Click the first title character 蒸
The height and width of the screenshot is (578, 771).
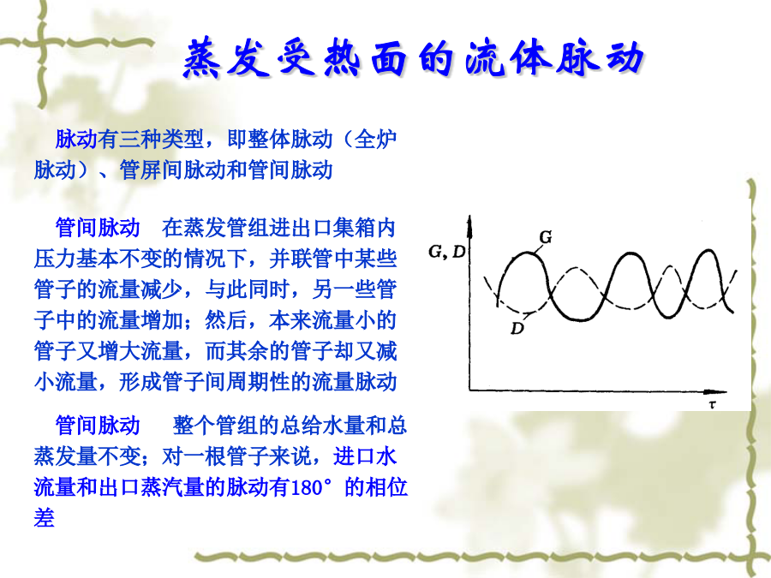point(201,58)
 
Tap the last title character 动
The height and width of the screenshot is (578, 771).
point(625,58)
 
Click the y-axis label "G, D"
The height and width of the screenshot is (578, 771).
point(447,252)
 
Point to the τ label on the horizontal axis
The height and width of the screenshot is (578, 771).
point(713,404)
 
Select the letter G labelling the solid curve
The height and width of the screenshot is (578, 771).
point(546,237)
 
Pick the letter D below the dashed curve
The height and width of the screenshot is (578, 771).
point(517,328)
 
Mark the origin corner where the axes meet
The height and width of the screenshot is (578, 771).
point(470,390)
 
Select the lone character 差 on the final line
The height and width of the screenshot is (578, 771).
point(45,518)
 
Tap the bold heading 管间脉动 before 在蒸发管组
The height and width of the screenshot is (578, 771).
point(98,228)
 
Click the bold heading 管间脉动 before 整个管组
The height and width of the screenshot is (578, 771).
point(98,426)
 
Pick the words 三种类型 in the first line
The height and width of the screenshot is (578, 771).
point(161,139)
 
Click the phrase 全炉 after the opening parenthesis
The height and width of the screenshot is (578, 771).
point(375,139)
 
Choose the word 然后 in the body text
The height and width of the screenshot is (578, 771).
point(225,320)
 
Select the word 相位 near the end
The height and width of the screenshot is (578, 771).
point(386,487)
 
